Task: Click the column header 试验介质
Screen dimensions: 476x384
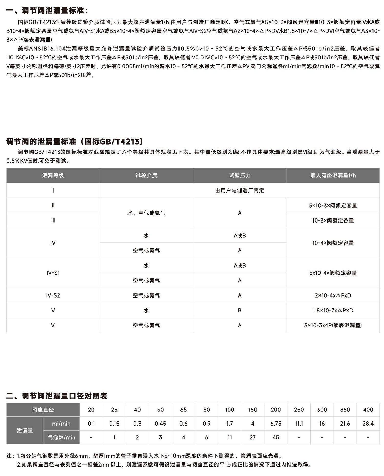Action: point(146,175)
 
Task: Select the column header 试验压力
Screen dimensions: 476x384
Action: point(240,175)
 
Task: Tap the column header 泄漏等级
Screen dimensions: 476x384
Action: point(53,175)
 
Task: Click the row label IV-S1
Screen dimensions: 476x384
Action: point(53,273)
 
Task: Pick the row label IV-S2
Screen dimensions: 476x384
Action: point(53,295)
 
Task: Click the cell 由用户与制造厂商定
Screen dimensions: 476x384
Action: point(240,191)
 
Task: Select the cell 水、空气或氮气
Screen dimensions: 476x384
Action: point(146,213)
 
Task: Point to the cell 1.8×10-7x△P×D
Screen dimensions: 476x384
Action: point(333,311)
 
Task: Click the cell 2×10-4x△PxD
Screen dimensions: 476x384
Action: point(333,295)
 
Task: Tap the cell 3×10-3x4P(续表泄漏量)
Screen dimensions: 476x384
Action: point(333,325)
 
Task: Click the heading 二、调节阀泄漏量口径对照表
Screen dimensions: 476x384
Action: point(57,396)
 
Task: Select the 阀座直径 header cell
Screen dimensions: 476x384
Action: point(43,410)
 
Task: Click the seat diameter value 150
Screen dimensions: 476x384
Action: point(252,410)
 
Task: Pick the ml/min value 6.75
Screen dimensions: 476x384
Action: point(276,424)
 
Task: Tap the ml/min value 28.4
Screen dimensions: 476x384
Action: point(368,424)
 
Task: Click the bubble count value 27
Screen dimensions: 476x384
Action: point(252,438)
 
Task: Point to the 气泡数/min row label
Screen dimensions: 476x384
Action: point(61,438)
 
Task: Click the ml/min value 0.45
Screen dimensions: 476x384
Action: point(160,424)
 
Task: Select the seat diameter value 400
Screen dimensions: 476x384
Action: point(368,410)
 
